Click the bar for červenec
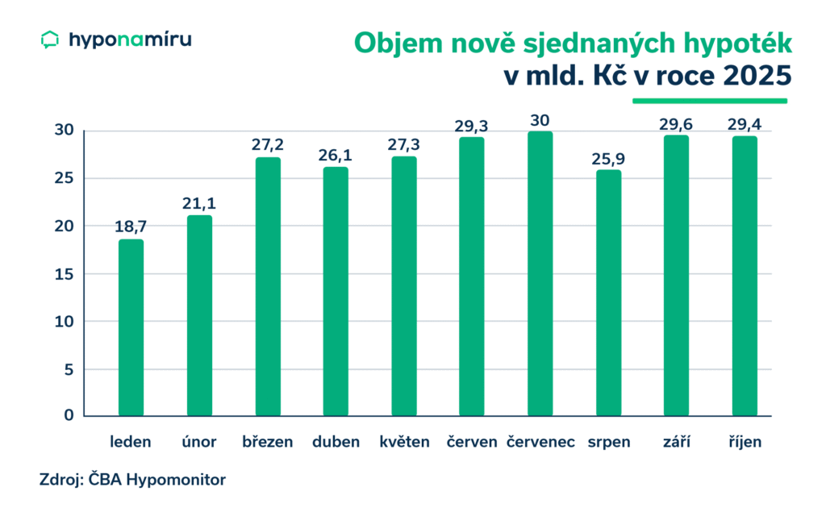[540, 274]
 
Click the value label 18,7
[131, 227]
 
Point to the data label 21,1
[199, 204]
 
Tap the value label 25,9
[608, 157]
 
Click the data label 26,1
[336, 154]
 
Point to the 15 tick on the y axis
[65, 274]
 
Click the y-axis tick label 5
[69, 369]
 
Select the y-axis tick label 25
[65, 178]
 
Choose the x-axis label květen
[404, 443]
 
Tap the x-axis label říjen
[745, 443]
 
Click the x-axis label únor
[199, 443]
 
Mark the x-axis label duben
[336, 443]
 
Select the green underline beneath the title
[709, 102]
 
